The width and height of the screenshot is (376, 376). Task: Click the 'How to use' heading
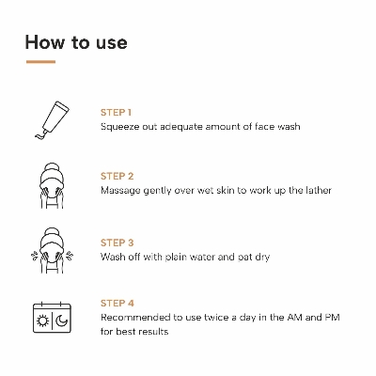point(76,42)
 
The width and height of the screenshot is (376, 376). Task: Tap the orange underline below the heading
point(40,62)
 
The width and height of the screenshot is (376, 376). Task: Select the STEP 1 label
point(116,113)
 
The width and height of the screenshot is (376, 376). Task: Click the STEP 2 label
point(117,176)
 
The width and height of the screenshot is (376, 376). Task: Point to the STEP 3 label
point(117,243)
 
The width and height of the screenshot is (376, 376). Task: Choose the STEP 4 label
point(117,304)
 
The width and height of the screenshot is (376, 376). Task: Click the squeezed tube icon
point(52,119)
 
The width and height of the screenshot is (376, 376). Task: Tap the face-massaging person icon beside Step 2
point(52,185)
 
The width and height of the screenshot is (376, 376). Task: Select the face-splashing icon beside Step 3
point(52,251)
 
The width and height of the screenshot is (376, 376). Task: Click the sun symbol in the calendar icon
point(43,321)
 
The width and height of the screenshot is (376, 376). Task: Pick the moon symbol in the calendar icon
point(62,321)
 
